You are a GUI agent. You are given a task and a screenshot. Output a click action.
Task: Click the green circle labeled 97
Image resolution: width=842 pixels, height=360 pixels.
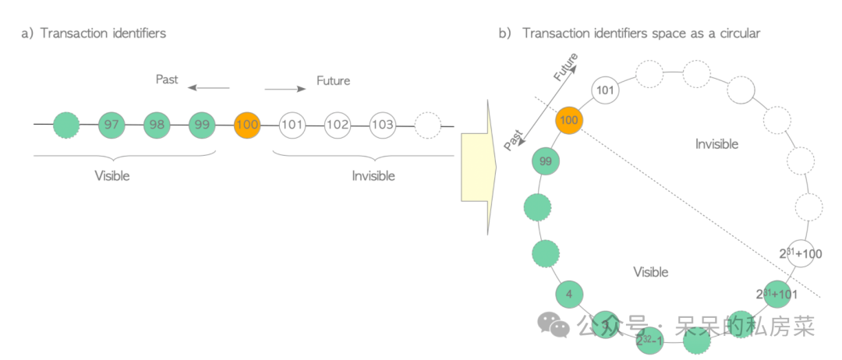111,125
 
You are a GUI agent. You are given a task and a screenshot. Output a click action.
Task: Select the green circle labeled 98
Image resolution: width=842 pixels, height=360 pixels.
157,125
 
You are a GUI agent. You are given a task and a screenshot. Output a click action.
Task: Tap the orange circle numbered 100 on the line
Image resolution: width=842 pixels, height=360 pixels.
246,125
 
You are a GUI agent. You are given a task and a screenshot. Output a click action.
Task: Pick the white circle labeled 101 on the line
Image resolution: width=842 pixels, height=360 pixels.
291,125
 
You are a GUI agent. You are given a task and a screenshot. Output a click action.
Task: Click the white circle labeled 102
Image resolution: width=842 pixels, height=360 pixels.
337,125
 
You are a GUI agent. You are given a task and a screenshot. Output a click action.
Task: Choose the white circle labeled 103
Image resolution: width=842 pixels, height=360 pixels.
382,125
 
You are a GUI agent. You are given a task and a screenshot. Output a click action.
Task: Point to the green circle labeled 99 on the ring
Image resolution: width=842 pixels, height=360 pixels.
546,161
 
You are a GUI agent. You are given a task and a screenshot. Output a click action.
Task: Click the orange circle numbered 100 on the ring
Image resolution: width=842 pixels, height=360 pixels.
569,121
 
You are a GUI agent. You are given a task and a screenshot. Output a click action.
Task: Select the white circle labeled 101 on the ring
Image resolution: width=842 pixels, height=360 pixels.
606,90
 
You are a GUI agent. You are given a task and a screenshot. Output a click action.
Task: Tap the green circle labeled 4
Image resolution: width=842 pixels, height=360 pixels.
569,295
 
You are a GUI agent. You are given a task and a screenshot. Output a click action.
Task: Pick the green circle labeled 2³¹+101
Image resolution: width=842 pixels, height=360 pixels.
777,295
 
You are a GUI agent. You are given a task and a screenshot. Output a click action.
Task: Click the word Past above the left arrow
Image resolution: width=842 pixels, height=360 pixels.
167,79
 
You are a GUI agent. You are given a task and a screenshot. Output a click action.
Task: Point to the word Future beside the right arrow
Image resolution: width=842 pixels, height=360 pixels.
333,80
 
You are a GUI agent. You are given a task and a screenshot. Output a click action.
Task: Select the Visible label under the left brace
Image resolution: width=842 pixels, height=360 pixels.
112,176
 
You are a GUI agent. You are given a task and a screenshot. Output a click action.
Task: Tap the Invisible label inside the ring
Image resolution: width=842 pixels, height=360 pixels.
715,143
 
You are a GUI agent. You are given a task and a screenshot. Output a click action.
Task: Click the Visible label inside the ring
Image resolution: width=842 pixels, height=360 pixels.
650,272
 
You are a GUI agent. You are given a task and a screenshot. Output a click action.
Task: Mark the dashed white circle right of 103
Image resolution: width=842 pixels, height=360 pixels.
427,125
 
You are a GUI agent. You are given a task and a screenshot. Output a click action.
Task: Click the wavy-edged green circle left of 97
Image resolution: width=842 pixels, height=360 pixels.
67,125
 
